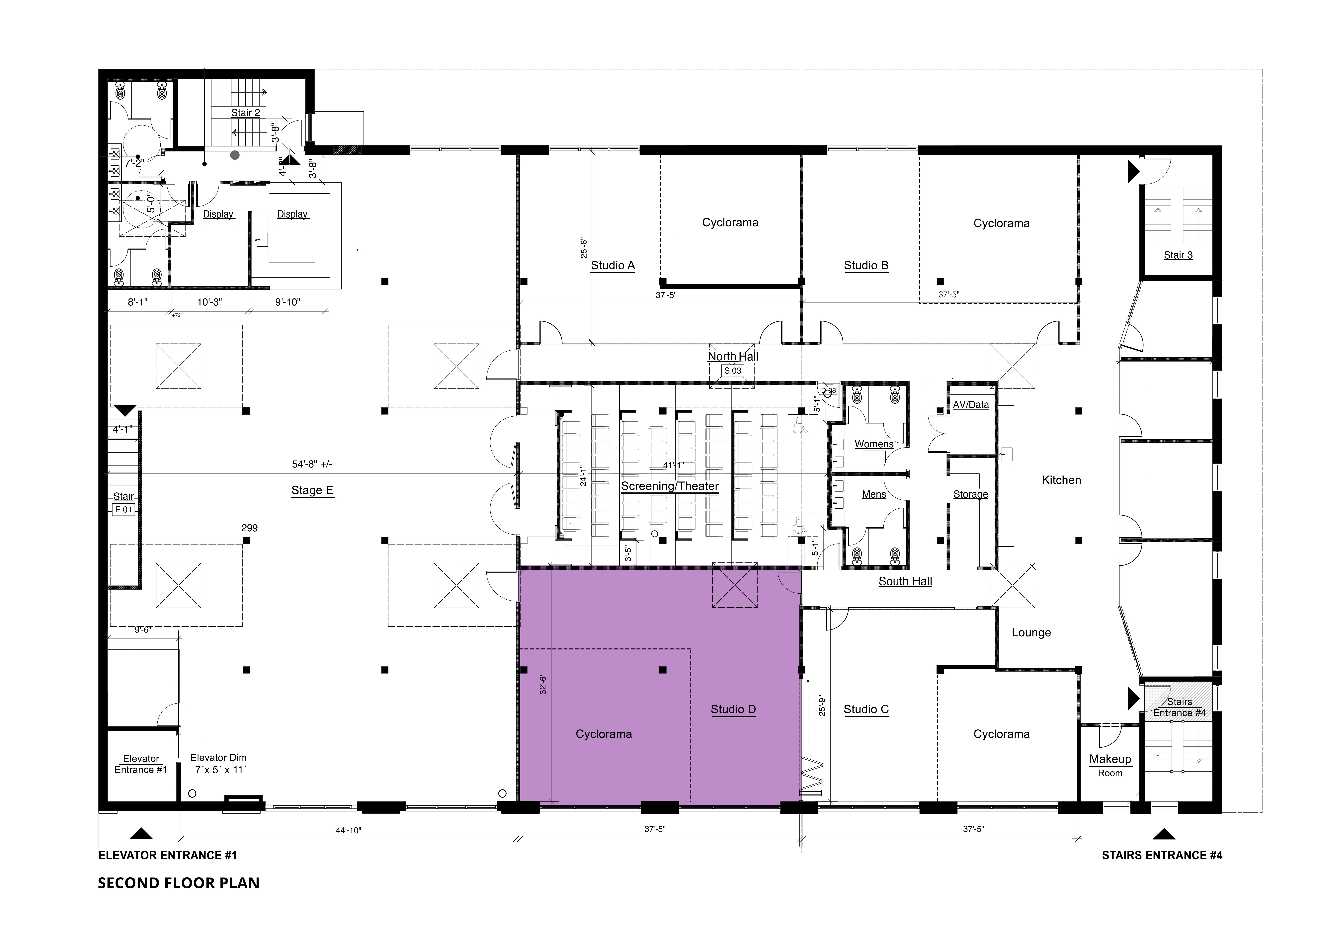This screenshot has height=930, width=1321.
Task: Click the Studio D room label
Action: pyautogui.click(x=733, y=709)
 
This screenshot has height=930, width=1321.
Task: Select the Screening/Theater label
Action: pyautogui.click(x=670, y=486)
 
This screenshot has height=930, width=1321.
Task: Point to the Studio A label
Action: pyautogui.click(x=613, y=265)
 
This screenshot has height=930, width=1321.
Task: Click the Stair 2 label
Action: pyautogui.click(x=246, y=113)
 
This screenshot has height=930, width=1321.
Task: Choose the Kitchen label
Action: pyautogui.click(x=1061, y=480)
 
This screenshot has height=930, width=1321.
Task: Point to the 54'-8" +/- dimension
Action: pyautogui.click(x=312, y=464)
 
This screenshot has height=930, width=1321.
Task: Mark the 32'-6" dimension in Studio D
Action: pyautogui.click(x=542, y=684)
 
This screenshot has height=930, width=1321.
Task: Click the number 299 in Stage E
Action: pyautogui.click(x=250, y=528)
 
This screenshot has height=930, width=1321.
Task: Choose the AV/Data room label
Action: pyautogui.click(x=971, y=405)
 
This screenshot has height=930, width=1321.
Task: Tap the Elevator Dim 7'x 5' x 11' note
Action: pyautogui.click(x=219, y=764)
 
